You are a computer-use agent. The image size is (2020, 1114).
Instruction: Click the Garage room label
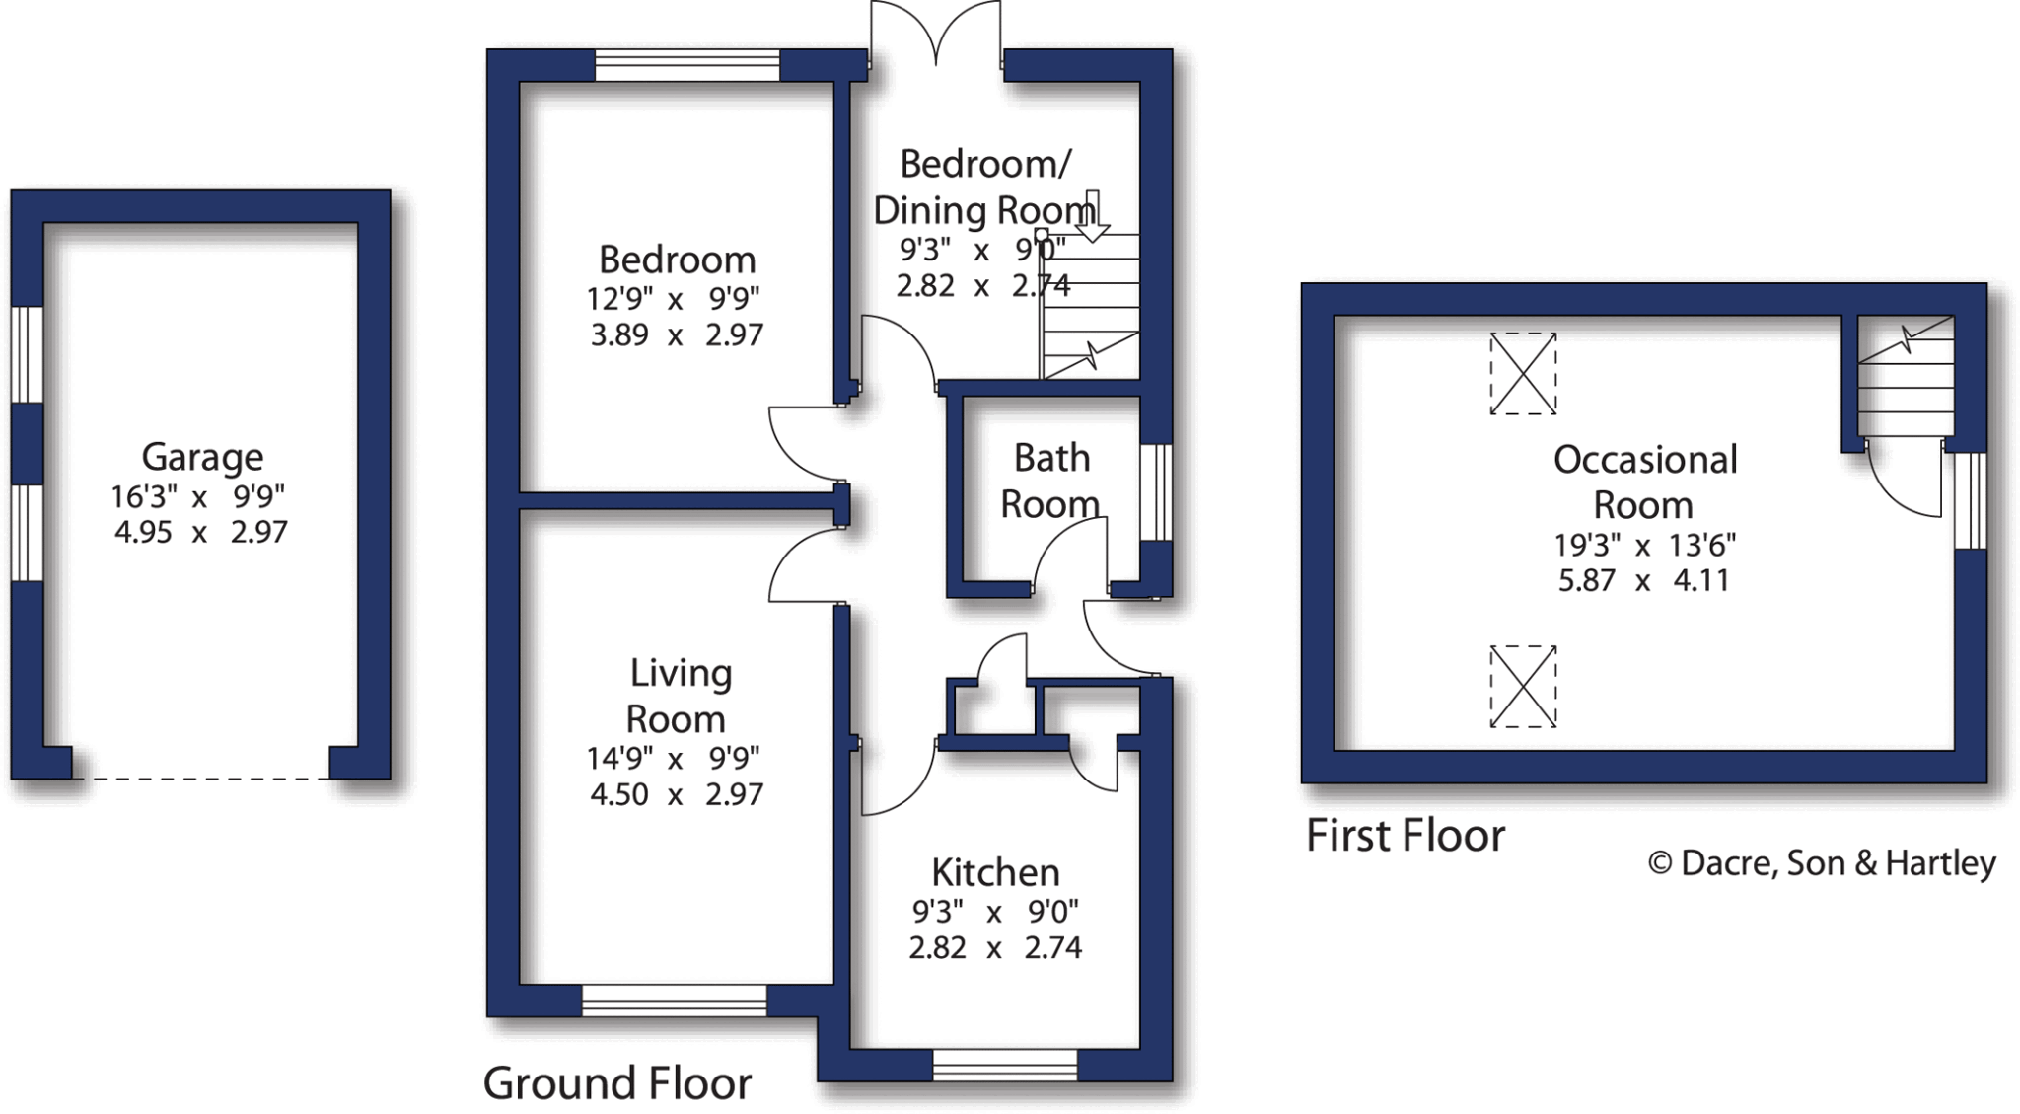(x=202, y=457)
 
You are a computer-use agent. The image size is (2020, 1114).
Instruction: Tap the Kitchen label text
(x=995, y=872)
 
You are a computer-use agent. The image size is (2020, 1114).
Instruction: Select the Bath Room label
(x=1051, y=481)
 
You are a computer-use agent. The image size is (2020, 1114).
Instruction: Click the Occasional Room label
(x=1644, y=482)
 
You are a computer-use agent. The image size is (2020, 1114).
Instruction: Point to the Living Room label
(x=679, y=696)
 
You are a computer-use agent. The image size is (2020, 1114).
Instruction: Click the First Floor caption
(x=1406, y=836)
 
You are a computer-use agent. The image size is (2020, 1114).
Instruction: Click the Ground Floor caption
(x=617, y=1083)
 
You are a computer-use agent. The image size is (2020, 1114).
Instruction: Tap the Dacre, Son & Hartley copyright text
(x=1823, y=863)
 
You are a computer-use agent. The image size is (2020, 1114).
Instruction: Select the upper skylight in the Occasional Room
(x=1523, y=374)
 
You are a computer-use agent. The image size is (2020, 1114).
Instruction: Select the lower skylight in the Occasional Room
(x=1523, y=687)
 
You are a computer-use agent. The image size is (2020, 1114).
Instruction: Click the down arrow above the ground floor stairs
(x=1092, y=217)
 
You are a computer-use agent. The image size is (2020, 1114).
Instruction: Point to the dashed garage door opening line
(x=201, y=779)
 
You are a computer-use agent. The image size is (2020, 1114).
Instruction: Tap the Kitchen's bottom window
(x=1004, y=1065)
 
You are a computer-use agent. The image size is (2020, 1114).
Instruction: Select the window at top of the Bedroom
(x=687, y=66)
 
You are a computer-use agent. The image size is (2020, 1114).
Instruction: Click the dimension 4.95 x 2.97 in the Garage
(x=201, y=533)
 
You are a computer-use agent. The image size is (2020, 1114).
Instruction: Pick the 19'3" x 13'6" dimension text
(x=1644, y=545)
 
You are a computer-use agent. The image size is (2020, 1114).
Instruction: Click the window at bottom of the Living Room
(x=675, y=1001)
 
